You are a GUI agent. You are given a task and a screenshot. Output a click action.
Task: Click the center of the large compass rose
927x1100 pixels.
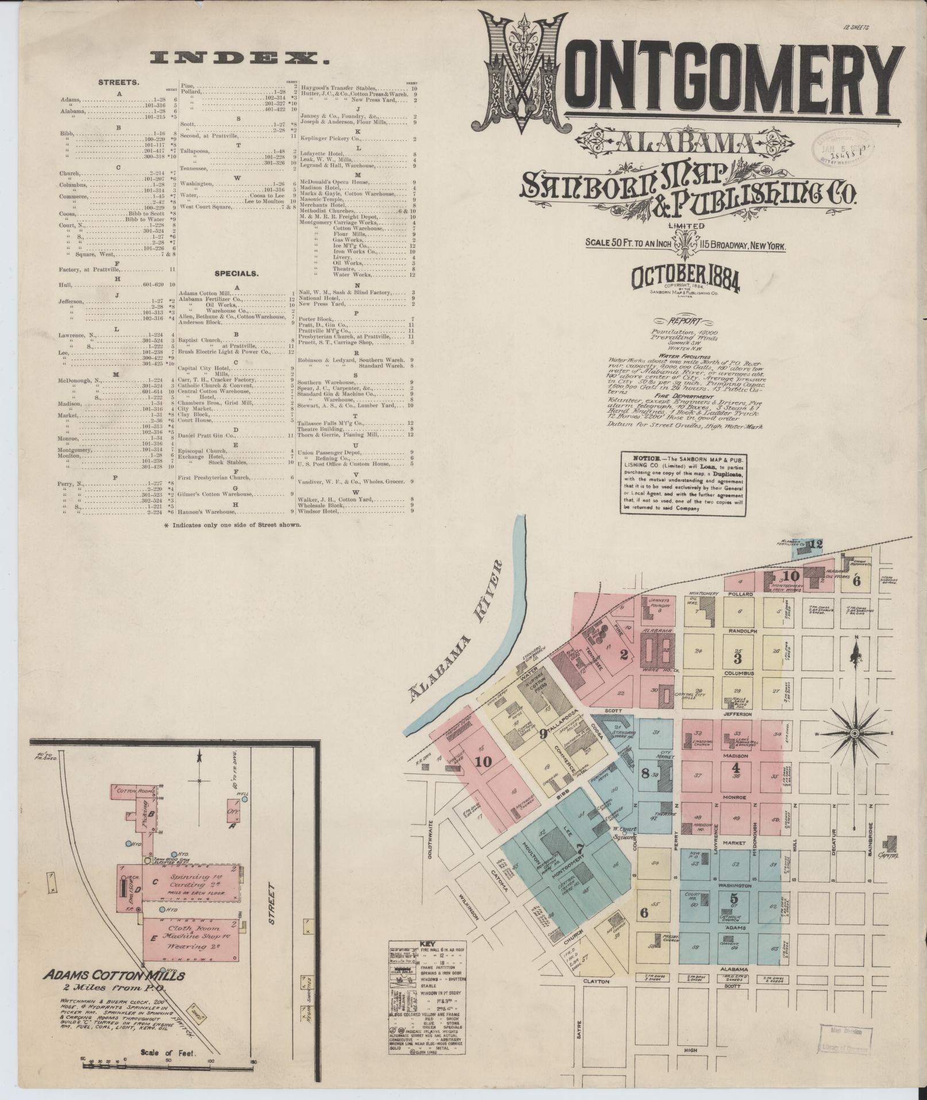pos(855,735)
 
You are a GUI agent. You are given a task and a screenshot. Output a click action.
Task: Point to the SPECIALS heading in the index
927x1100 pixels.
pos(236,274)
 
